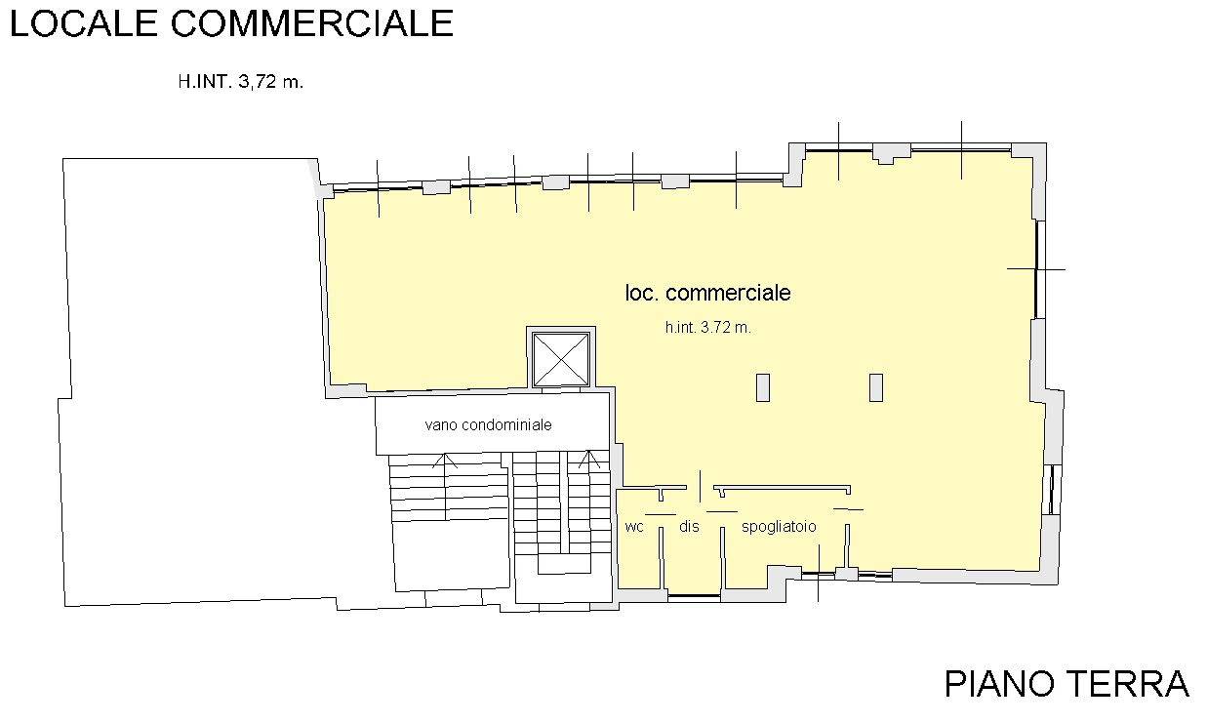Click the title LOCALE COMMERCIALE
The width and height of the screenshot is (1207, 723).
pos(231,23)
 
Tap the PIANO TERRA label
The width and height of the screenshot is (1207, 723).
pos(1066,684)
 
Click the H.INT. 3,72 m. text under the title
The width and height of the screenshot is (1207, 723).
pos(241,82)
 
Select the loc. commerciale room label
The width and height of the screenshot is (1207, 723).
pos(707,293)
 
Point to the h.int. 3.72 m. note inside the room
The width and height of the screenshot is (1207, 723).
pos(708,327)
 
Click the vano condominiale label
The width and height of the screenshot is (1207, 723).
pos(488,425)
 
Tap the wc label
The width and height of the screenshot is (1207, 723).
pos(634,526)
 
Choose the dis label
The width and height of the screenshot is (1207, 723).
pos(689,526)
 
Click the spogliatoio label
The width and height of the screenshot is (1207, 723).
pos(779,527)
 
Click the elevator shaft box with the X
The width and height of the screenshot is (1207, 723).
pos(561,359)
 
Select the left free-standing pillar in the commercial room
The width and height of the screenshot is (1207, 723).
pos(762,388)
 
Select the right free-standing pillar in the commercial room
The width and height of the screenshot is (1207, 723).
pos(876,388)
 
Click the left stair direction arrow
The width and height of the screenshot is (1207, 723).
pos(445,462)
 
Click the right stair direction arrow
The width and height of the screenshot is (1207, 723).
pos(589,460)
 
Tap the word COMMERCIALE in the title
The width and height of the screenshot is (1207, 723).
pos(312,23)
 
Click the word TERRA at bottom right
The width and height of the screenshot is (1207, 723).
pos(1128,684)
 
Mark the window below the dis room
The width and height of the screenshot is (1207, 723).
pos(694,596)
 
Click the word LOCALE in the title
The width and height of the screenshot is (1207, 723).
pos(83,23)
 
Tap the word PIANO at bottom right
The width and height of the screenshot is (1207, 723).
pos(999,684)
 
